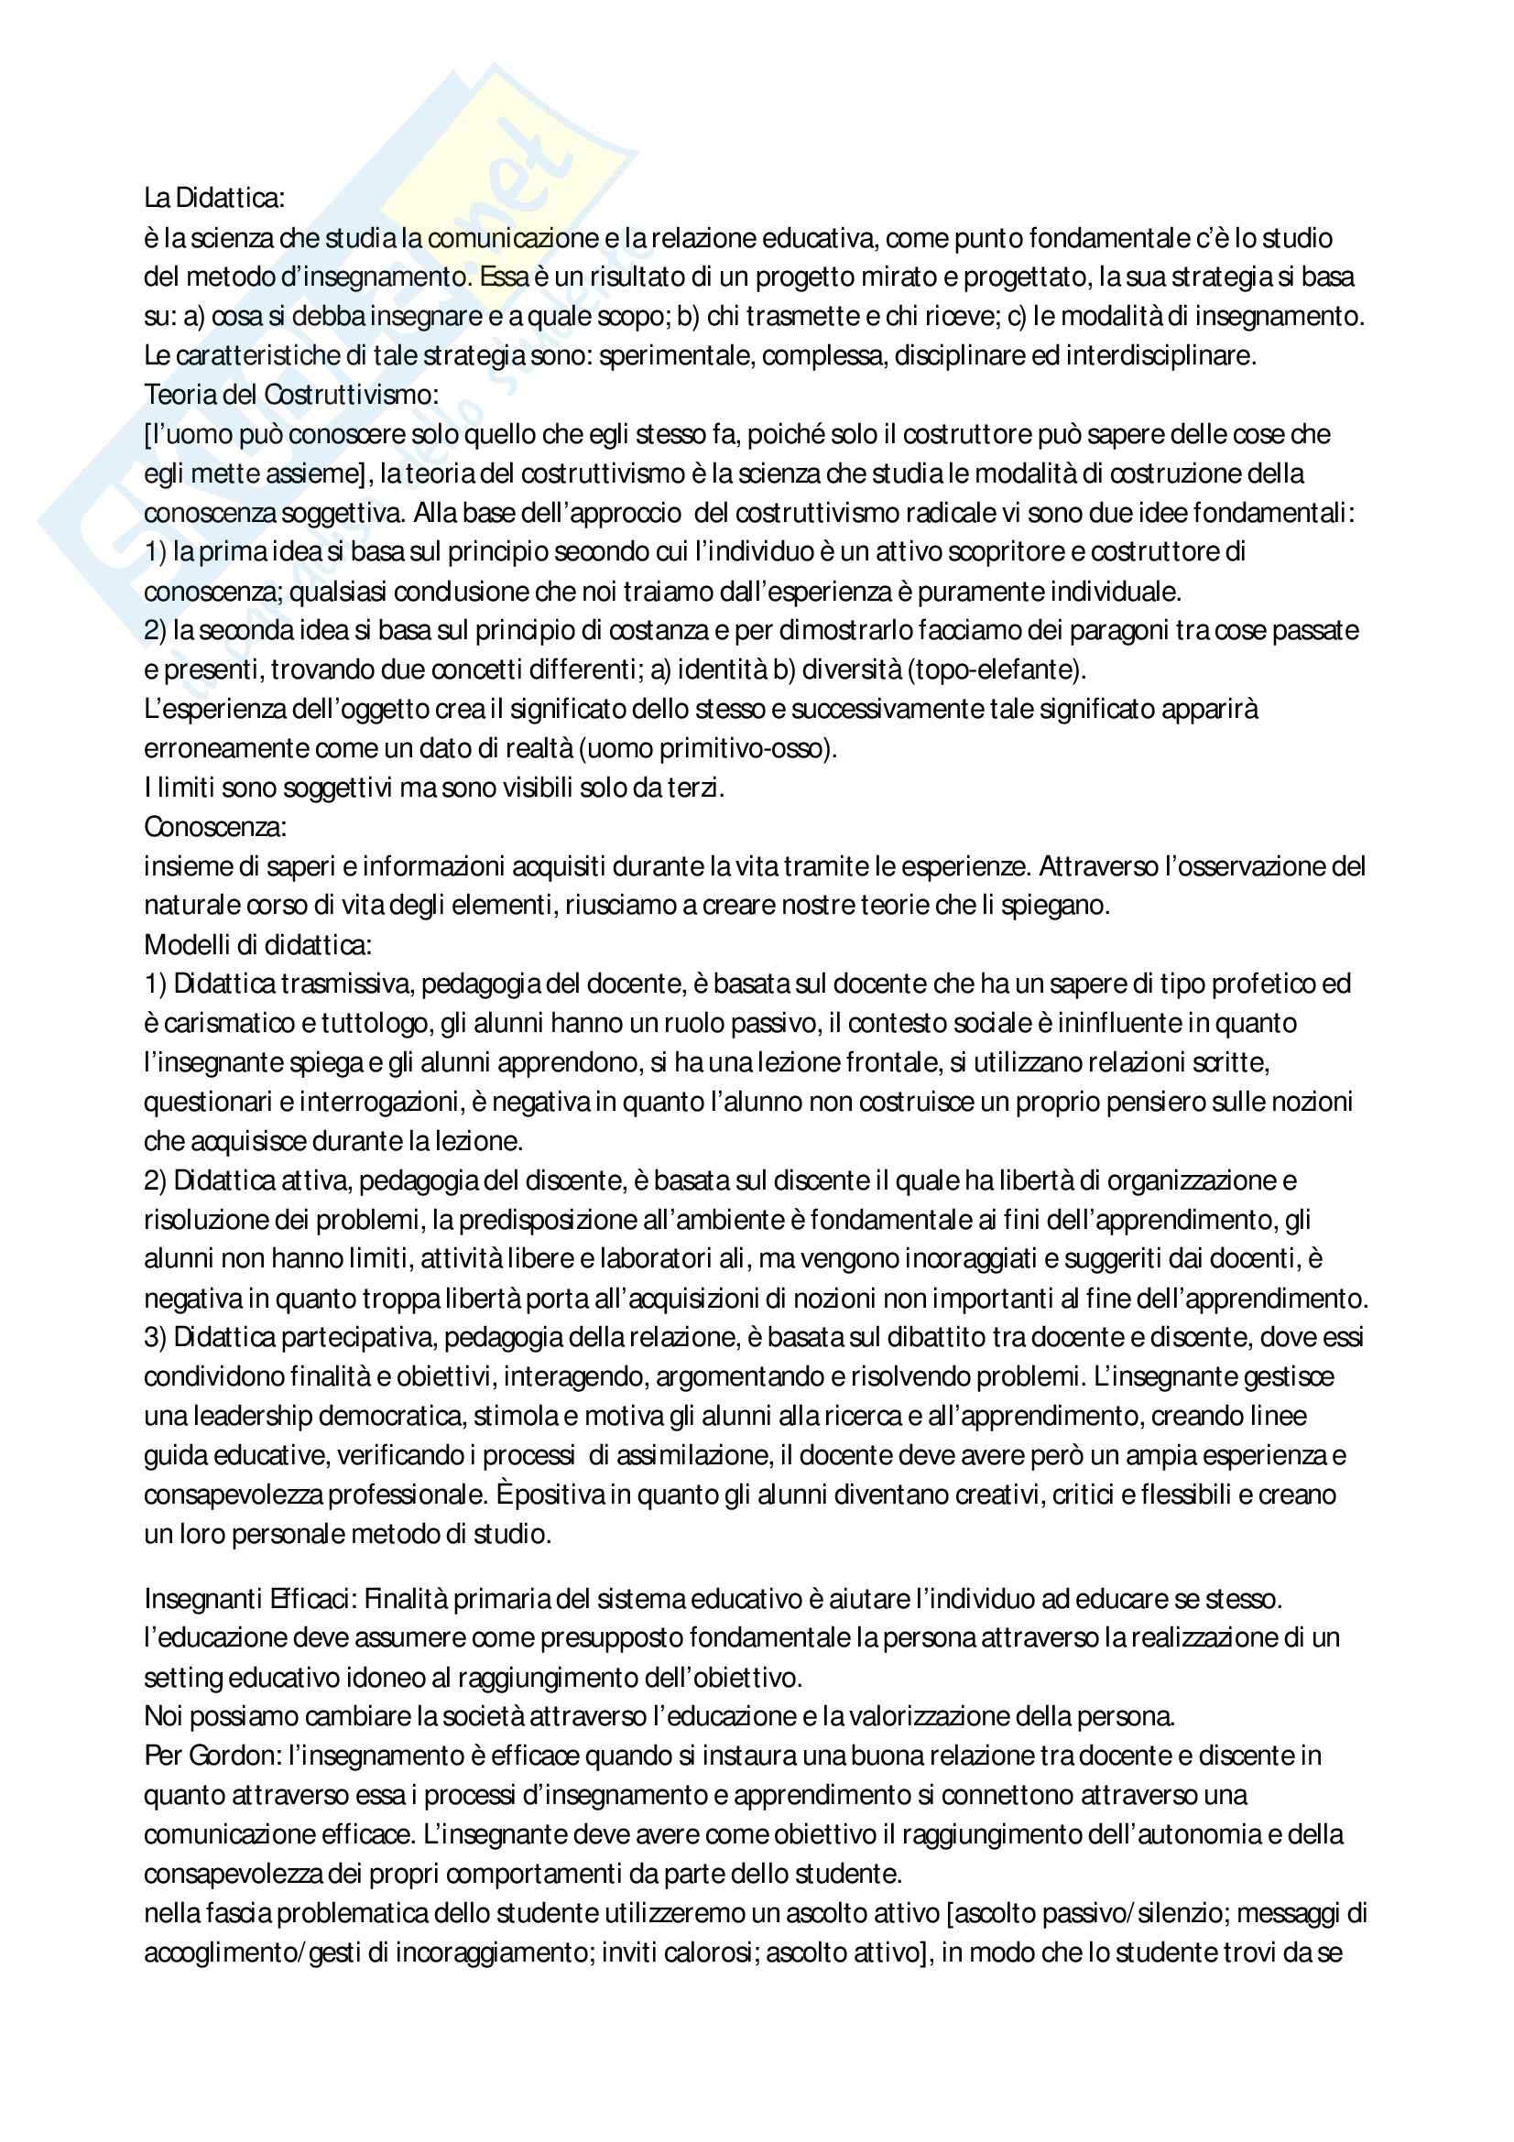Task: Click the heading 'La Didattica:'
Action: tap(214, 198)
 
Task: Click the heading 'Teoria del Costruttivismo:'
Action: tap(290, 395)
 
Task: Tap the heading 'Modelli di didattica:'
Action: tap(257, 945)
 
